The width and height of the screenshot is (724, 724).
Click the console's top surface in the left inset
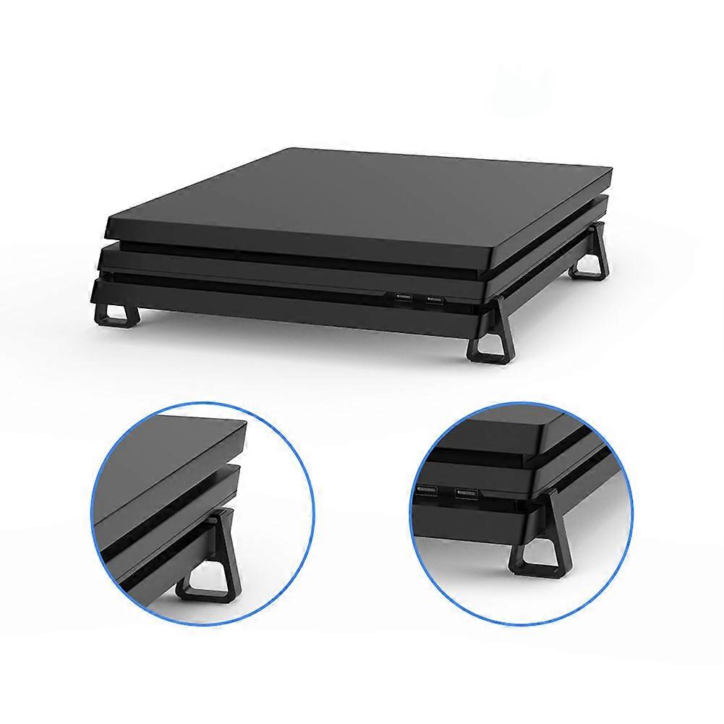tap(166, 456)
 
